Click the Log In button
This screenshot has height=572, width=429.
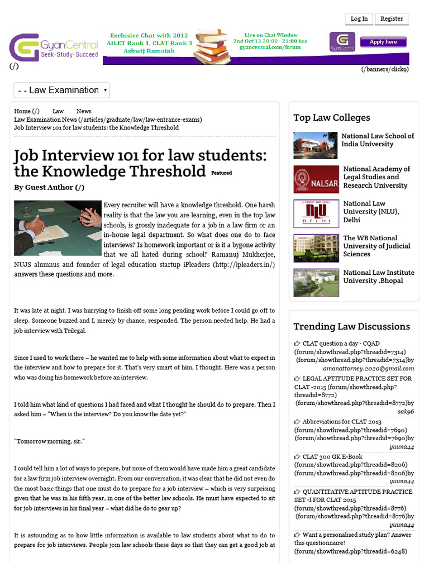(x=359, y=18)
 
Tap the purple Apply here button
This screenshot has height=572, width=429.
(x=383, y=42)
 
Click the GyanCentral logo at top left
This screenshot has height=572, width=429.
(x=53, y=48)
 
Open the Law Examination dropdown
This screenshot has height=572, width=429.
(x=61, y=90)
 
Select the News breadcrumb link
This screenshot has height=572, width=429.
(x=84, y=111)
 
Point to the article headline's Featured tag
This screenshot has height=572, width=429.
(x=221, y=173)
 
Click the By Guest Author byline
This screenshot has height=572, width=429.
(x=49, y=188)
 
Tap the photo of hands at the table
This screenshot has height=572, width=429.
(x=58, y=227)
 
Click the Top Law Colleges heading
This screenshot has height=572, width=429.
(x=332, y=117)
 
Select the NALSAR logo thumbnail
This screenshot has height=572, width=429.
(x=316, y=180)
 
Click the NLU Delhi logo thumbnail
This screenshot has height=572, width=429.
(x=316, y=213)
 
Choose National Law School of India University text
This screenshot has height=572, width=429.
(x=378, y=140)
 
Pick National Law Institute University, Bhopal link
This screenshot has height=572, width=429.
(x=378, y=277)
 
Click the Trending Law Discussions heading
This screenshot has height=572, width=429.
(x=351, y=326)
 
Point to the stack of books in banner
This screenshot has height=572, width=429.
(x=212, y=46)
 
